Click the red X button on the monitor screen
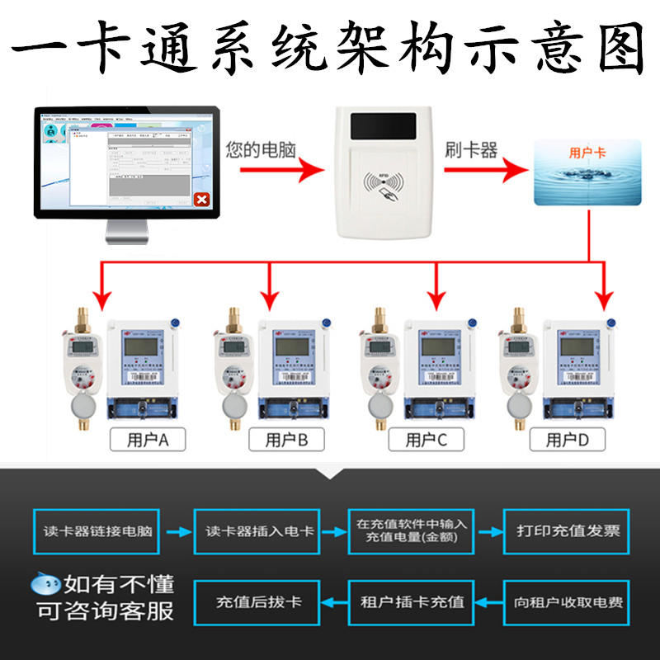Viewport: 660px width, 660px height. tap(200, 200)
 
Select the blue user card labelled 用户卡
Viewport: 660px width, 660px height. tap(587, 172)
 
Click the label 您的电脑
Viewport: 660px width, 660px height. tap(261, 150)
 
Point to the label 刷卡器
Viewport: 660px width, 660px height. tap(471, 149)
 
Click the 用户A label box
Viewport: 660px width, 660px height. tap(148, 440)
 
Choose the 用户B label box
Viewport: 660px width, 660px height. tap(286, 440)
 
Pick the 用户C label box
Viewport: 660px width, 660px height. tap(427, 440)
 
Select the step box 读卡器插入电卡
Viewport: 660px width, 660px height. tap(259, 530)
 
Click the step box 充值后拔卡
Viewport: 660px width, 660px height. tap(258, 601)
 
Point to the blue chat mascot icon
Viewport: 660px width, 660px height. tap(45, 585)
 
